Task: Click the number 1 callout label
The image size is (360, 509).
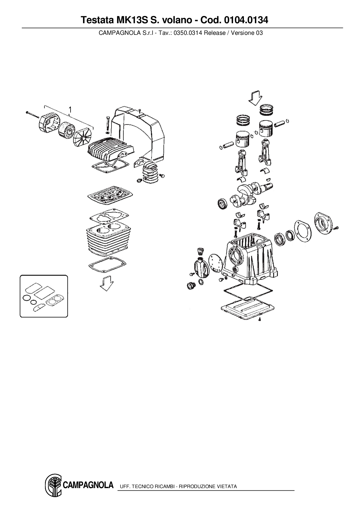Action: click(70, 109)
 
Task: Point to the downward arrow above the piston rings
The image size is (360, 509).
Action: click(255, 98)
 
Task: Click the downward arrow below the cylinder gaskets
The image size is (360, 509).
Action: click(107, 283)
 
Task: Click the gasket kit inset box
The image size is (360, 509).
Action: click(44, 296)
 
